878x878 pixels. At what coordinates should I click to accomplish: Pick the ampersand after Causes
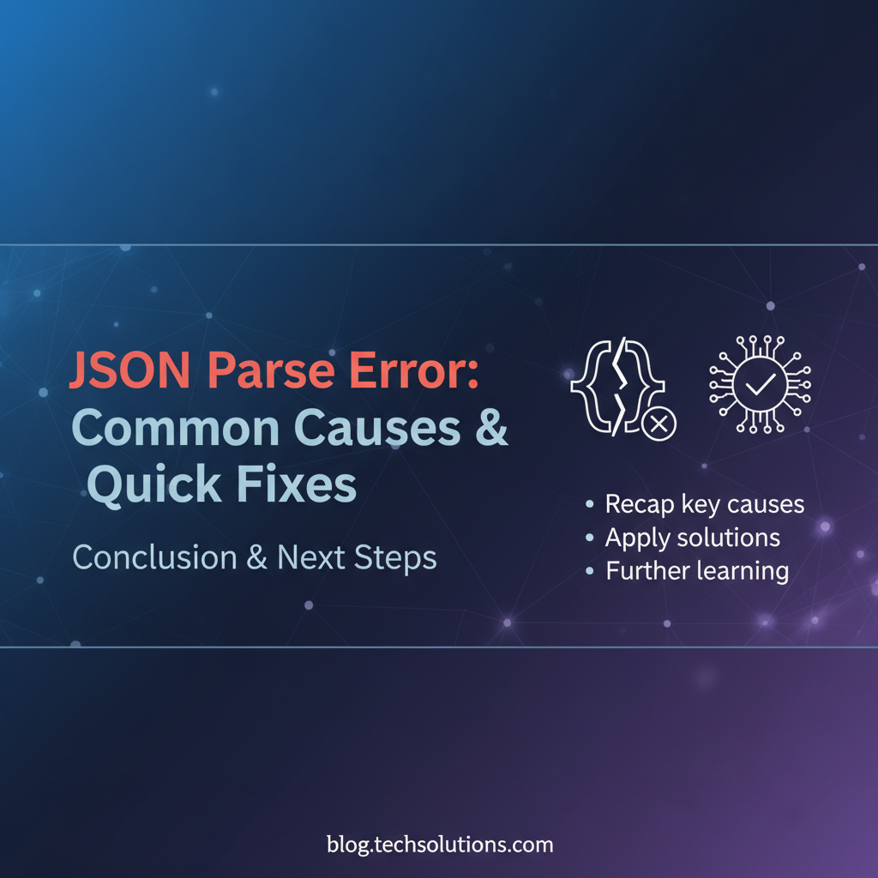pos(490,429)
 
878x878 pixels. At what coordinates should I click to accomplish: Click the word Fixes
pos(297,484)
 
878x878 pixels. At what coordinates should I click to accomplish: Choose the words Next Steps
pos(357,558)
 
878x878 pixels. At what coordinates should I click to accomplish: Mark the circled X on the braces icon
pos(659,423)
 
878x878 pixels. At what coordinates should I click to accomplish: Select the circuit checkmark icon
pos(760,383)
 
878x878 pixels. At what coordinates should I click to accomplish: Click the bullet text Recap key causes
pos(704,504)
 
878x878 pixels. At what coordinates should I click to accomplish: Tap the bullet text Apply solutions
pos(692,538)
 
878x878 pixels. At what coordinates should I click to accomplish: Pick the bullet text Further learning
pos(697,570)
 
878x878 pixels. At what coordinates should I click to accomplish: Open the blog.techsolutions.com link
pos(440,845)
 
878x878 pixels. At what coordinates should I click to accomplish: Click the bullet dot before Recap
pos(589,505)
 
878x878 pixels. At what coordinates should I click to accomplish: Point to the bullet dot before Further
pos(589,571)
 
